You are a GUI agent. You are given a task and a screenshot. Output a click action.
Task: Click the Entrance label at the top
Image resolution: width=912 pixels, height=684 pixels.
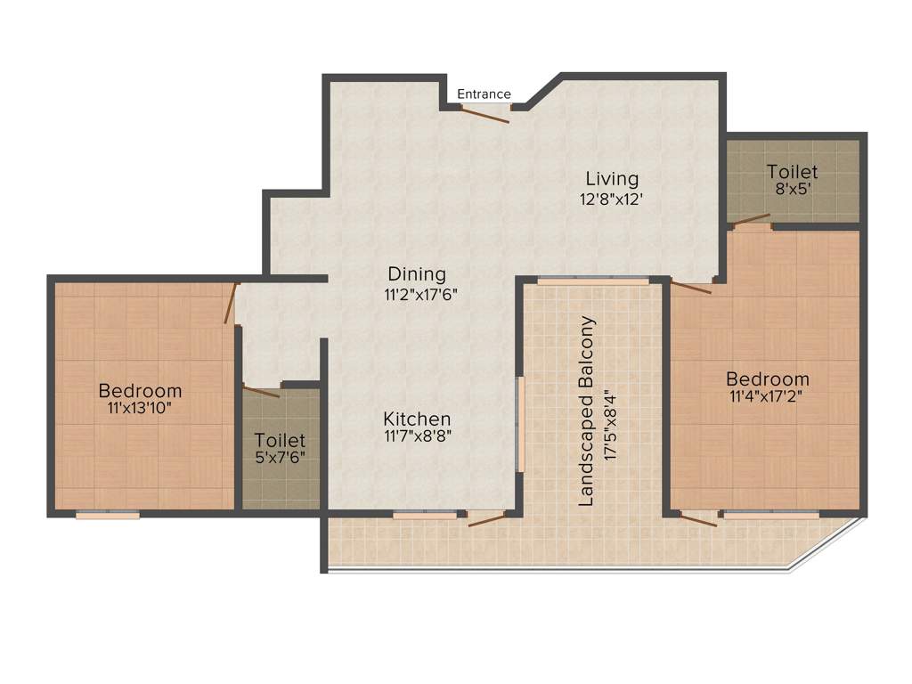click(484, 94)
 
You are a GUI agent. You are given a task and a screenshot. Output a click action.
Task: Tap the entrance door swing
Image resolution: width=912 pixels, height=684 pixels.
click(485, 113)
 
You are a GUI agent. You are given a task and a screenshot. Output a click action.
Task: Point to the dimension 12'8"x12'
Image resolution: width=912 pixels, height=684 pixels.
click(610, 199)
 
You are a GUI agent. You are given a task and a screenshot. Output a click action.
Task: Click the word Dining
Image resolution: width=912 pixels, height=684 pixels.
click(416, 274)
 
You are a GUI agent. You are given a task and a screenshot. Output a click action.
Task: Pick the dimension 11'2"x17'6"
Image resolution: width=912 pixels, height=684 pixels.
click(417, 293)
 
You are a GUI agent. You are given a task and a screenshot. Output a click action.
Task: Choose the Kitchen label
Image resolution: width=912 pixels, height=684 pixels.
click(417, 419)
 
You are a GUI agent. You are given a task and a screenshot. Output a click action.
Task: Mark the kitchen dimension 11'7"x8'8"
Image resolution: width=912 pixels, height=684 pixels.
click(417, 436)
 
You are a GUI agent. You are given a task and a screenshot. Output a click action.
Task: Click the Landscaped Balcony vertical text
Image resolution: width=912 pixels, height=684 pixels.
click(586, 411)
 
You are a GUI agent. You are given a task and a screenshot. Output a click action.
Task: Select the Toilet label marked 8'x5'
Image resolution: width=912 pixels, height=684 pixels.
click(792, 172)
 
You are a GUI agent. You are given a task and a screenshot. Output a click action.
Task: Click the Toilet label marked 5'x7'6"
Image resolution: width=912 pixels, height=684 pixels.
click(280, 441)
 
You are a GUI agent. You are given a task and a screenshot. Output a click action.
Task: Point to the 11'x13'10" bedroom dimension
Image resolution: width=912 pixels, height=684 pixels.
click(140, 409)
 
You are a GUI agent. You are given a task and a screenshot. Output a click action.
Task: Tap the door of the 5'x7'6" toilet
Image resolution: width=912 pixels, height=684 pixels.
click(262, 390)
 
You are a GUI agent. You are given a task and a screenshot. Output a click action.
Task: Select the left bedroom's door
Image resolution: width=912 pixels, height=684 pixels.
click(230, 304)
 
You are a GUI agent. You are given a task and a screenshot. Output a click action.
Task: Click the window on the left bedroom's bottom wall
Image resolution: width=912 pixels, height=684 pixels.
click(108, 514)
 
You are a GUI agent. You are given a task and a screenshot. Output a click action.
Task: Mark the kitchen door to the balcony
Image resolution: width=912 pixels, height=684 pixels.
click(485, 517)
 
